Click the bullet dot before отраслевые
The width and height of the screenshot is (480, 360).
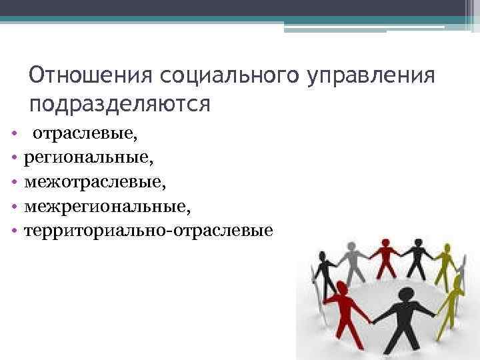click(13, 135)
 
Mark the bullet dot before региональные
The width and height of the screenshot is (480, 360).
click(13, 159)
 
